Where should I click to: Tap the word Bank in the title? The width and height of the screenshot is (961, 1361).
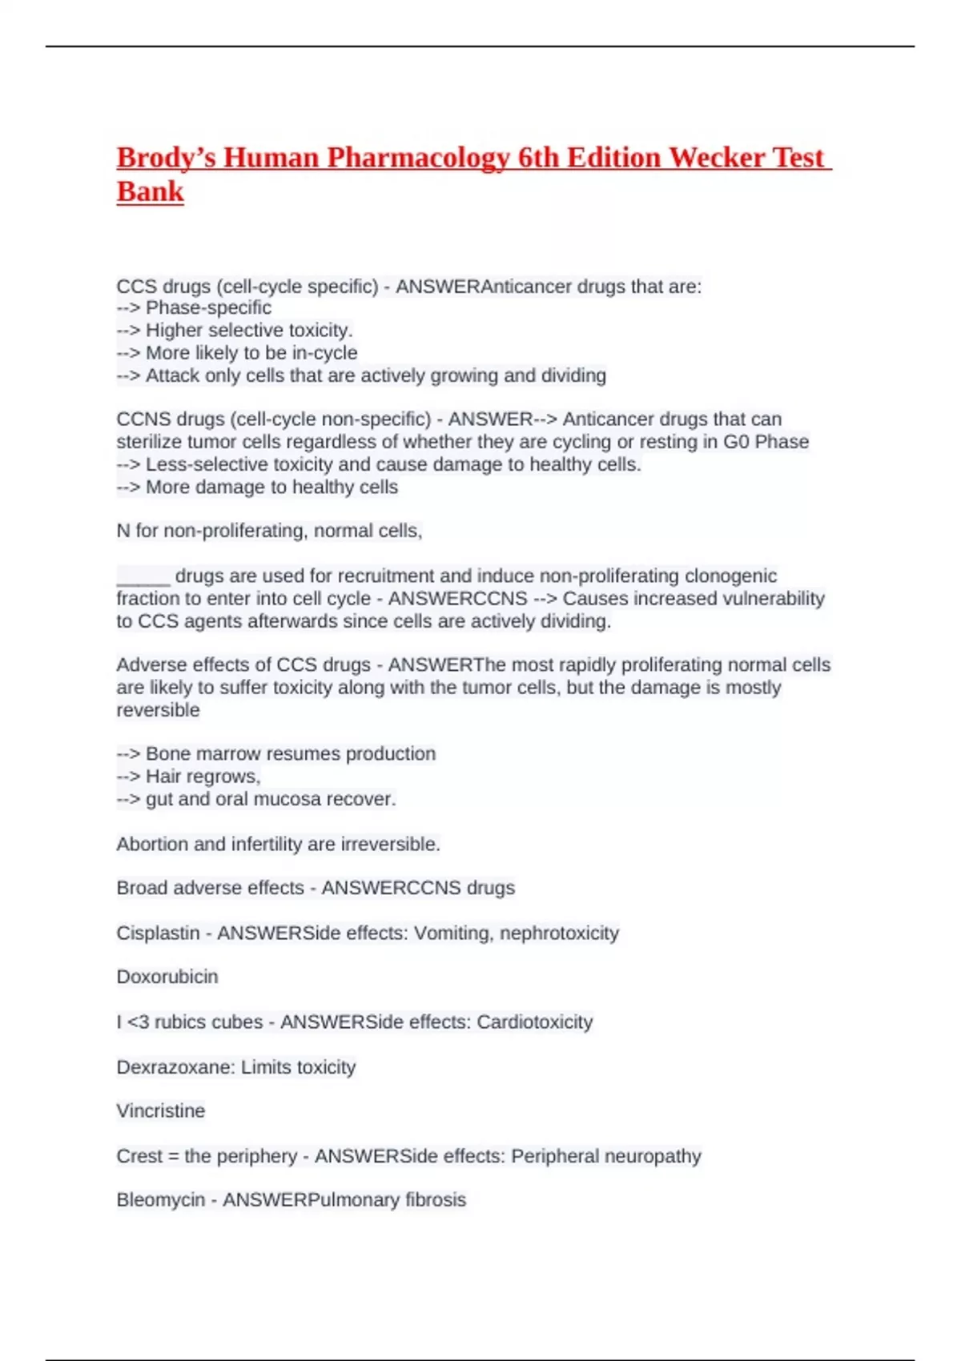(150, 192)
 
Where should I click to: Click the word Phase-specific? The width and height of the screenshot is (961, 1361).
(208, 308)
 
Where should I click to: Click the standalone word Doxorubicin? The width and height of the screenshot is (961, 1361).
(167, 978)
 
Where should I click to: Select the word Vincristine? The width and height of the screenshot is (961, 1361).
(161, 1111)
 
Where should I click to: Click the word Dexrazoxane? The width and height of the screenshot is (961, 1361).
(172, 1067)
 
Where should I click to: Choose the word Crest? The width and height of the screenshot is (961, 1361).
(139, 1157)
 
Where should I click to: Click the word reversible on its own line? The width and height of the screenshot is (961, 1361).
(158, 711)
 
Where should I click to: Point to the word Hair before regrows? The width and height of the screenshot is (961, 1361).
(163, 777)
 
